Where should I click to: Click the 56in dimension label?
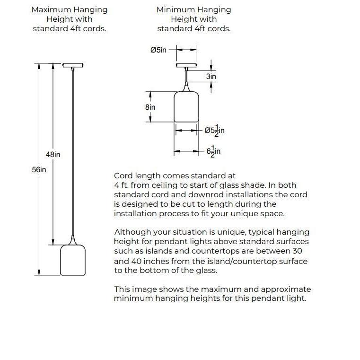[x=39, y=169]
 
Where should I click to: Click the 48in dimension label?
[x=53, y=155]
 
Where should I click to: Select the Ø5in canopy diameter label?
[x=158, y=50]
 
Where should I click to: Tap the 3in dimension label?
[x=211, y=76]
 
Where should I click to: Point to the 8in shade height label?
[x=150, y=107]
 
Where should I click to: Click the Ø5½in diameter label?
[x=214, y=130]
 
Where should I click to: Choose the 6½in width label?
[x=213, y=151]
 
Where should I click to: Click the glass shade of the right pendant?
[x=186, y=107]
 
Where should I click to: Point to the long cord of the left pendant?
[x=72, y=151]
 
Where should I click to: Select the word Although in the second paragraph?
[x=132, y=232]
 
